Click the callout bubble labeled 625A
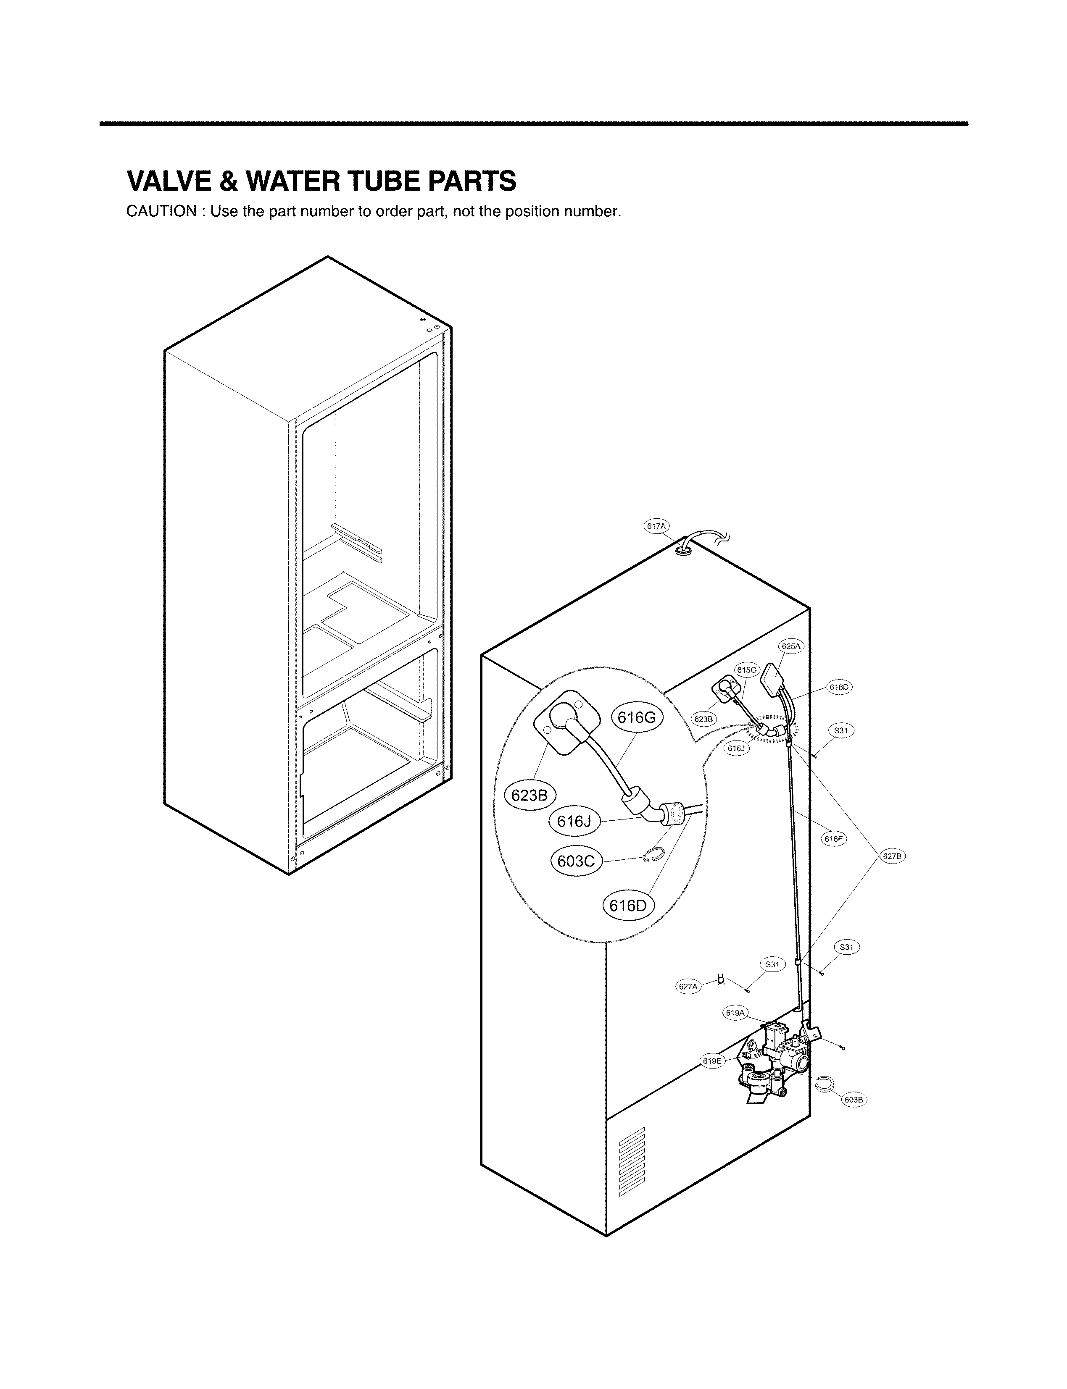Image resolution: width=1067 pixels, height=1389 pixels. pos(791,646)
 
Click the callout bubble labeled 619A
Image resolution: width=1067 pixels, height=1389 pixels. pos(735,1013)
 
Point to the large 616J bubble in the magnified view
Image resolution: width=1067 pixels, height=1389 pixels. pos(574,822)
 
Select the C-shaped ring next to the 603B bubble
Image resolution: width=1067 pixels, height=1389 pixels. pos(824,1085)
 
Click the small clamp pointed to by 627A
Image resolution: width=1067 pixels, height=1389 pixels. pos(721,980)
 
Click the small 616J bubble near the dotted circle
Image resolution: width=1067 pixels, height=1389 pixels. pos(736,748)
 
